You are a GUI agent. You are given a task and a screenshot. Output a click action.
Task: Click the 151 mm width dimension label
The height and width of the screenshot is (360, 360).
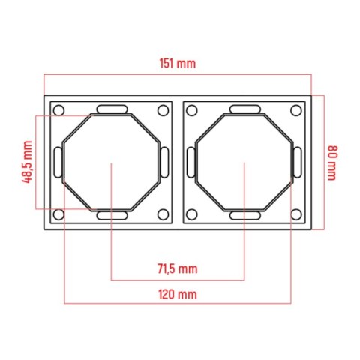pos(178,64)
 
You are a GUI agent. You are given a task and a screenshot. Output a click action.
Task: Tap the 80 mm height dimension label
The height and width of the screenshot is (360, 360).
pos(333,163)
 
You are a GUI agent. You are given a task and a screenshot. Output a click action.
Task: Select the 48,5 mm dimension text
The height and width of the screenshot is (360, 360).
pos(27,162)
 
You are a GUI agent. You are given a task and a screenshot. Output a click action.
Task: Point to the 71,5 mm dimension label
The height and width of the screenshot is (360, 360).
pos(178,268)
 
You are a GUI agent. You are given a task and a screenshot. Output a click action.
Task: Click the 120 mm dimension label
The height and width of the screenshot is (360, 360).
pos(178,294)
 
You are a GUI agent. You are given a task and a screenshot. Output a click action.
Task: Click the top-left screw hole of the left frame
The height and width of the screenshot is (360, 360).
pos(58,110)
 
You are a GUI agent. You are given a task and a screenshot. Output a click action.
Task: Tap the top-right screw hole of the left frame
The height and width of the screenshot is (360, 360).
pos(163,110)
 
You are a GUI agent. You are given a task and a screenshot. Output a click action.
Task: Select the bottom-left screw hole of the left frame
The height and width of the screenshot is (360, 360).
pos(58,214)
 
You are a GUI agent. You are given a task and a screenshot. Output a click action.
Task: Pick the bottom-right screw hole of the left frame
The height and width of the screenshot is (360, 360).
pos(163,214)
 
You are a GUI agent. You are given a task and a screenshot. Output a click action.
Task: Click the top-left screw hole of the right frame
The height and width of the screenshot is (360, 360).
pos(192,110)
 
